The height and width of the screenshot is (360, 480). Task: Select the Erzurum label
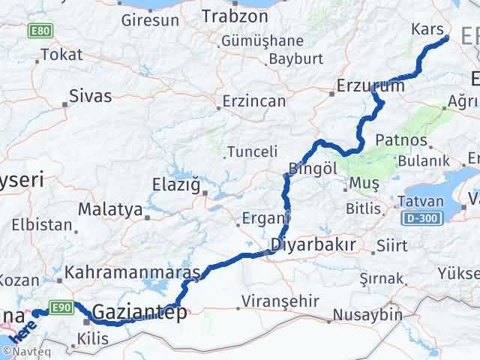[371, 85]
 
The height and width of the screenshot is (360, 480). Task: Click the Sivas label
[90, 96]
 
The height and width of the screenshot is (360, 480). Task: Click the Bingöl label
[310, 167]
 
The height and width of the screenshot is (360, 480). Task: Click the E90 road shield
[61, 306]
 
